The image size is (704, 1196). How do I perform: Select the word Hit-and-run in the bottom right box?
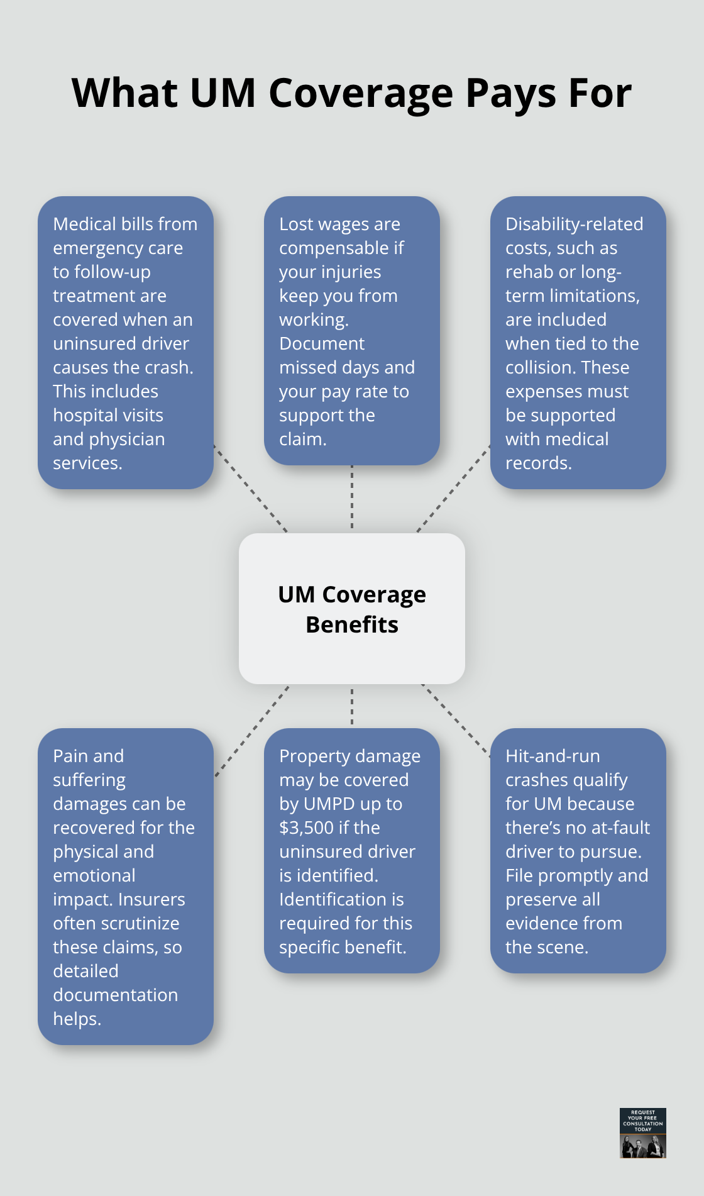click(553, 756)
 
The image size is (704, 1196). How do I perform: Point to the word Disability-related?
click(574, 224)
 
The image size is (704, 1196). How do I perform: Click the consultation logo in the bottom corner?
click(642, 1132)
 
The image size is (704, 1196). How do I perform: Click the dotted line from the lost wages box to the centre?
click(352, 499)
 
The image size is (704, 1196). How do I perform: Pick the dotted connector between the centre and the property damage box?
click(352, 706)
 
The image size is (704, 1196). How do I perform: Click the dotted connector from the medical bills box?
click(250, 489)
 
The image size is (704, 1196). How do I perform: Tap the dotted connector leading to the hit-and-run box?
click(456, 719)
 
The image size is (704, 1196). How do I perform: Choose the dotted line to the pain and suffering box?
click(251, 731)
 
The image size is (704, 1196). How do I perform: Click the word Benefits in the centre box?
click(352, 624)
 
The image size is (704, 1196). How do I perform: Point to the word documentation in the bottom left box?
click(115, 995)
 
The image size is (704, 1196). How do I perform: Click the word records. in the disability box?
click(539, 463)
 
